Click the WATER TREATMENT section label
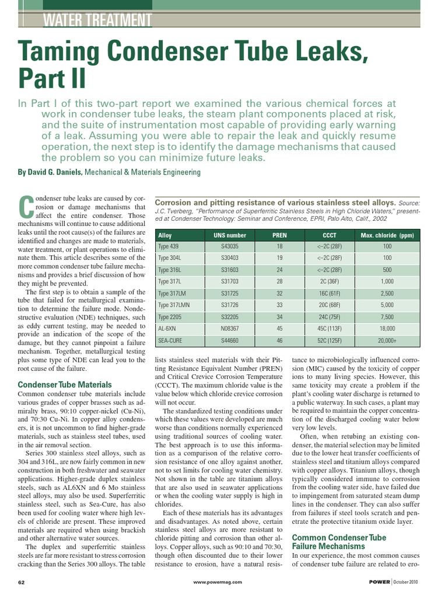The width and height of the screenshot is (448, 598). [97, 20]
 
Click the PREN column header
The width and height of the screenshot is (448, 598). [279, 235]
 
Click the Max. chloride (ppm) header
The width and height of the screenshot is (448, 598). [387, 235]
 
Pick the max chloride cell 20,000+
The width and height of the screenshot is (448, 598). [387, 340]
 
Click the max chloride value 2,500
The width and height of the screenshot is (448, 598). [387, 294]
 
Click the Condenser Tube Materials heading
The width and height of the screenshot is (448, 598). [65, 385]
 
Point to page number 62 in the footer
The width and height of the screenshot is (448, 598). [22, 582]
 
